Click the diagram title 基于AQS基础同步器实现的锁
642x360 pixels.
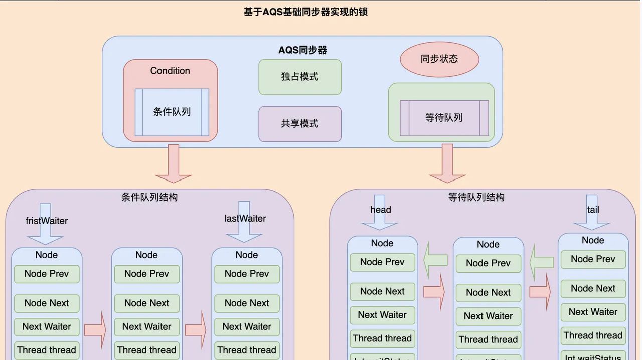tap(305, 12)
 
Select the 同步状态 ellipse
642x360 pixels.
tap(439, 59)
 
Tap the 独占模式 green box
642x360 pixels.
tap(300, 77)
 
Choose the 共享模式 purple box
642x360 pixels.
tap(300, 123)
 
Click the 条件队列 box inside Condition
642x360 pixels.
tap(172, 112)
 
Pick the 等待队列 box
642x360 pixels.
tap(444, 118)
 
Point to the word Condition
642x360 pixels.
tap(170, 71)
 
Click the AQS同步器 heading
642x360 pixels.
tap(302, 50)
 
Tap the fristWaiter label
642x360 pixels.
tap(47, 221)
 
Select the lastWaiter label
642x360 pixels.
tap(245, 218)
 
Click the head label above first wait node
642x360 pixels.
tap(380, 210)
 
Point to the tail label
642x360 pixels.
tap(593, 210)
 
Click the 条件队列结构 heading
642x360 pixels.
tap(149, 197)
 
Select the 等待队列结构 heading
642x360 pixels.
tap(476, 197)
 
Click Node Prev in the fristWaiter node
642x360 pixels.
tap(47, 274)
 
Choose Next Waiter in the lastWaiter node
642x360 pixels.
tap(247, 326)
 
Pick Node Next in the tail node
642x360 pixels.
tap(593, 288)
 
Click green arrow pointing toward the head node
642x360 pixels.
tap(435, 260)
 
